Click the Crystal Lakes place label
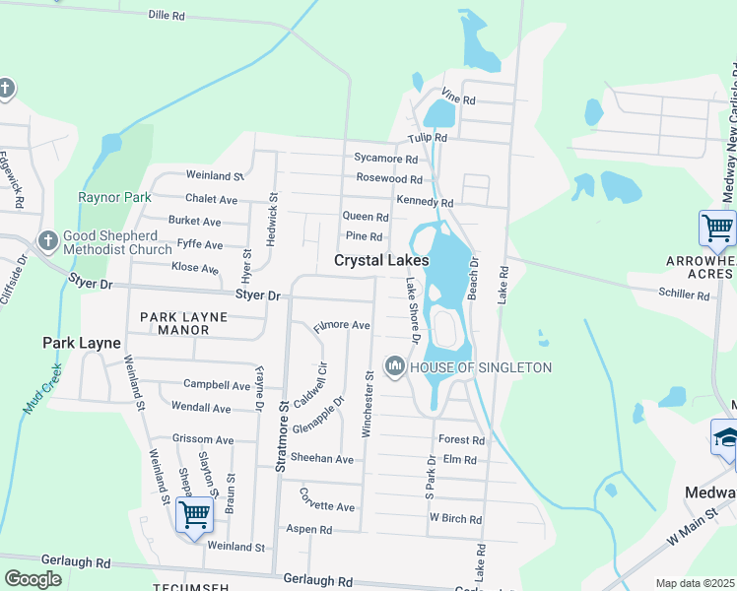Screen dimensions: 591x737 pyautogui.click(x=381, y=261)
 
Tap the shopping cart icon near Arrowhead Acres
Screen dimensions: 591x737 pyautogui.click(x=717, y=229)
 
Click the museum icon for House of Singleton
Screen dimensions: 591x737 pyautogui.click(x=395, y=367)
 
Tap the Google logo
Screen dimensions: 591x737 pyautogui.click(x=33, y=579)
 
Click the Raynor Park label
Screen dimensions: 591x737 pyautogui.click(x=115, y=197)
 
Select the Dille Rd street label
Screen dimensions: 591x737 pyautogui.click(x=167, y=16)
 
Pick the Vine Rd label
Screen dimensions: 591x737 pyautogui.click(x=458, y=99)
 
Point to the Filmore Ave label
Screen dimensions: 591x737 pyautogui.click(x=341, y=325)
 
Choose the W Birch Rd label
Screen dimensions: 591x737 pyautogui.click(x=455, y=519)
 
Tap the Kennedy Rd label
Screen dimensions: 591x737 pyautogui.click(x=425, y=202)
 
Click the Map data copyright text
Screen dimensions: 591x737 pyautogui.click(x=696, y=583)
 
